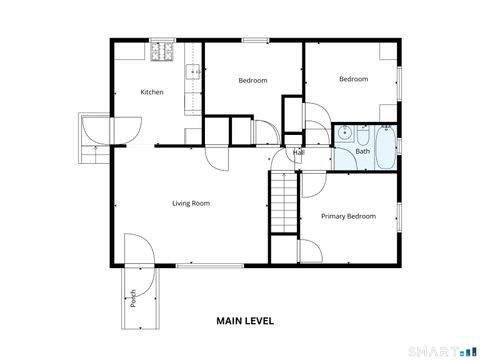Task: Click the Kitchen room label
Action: [x=152, y=93]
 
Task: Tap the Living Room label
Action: [x=190, y=204]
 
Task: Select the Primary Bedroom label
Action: [x=348, y=216]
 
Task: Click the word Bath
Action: [x=362, y=152]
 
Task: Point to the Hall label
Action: [x=298, y=152]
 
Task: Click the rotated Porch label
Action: [x=133, y=297]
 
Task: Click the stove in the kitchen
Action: [x=162, y=49]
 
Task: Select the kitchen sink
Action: [x=193, y=72]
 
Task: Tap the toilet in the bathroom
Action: [x=362, y=132]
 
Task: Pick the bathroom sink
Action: [x=344, y=133]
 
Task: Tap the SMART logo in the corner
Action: [x=439, y=349]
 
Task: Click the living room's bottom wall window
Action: [x=210, y=265]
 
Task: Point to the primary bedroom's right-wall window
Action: [x=398, y=216]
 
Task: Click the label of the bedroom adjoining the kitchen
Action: [x=252, y=81]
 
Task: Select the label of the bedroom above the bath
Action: [x=353, y=79]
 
